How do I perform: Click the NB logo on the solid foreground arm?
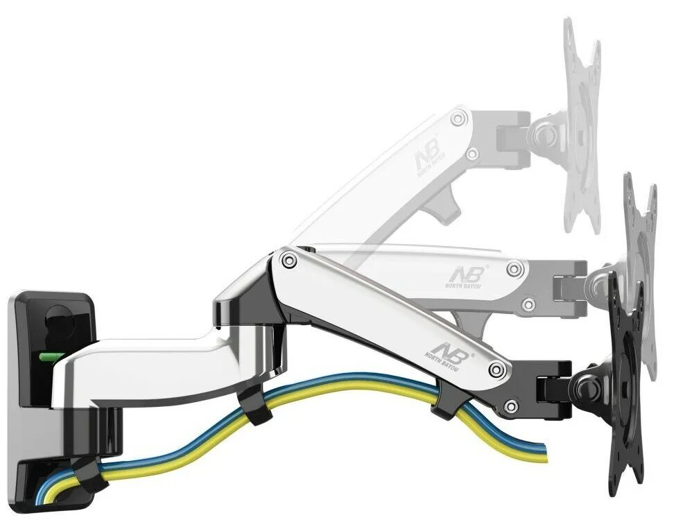pos(449,345)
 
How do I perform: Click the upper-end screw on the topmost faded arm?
pos(458,119)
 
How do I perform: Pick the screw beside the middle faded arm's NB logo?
pos(514,269)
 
